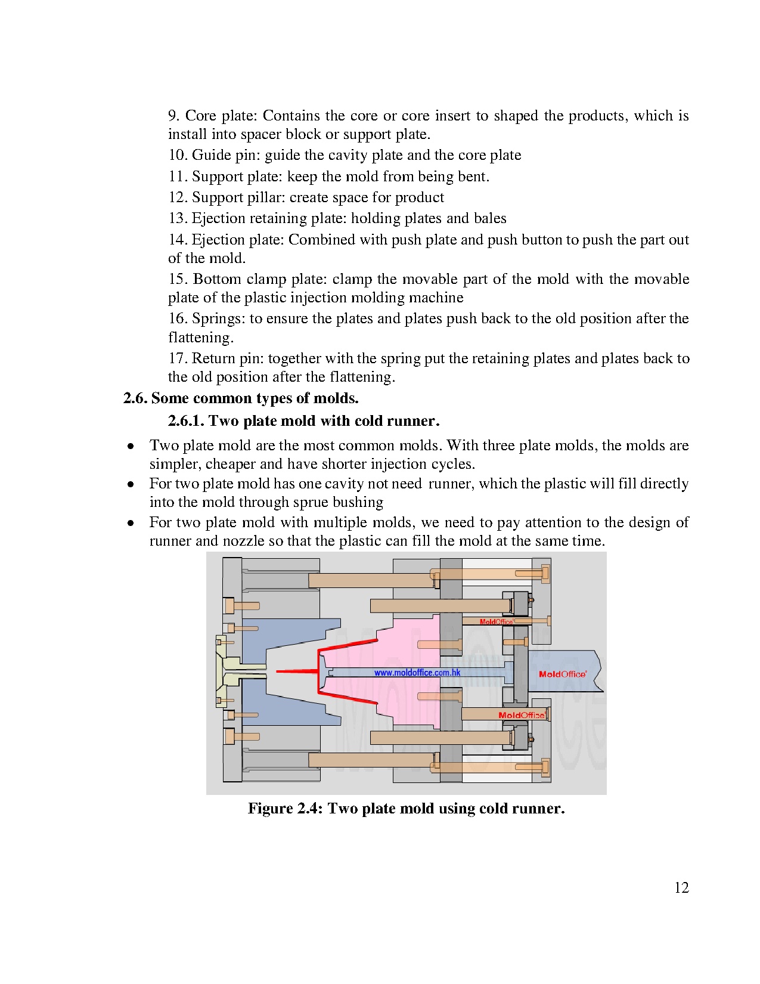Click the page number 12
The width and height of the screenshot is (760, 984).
[681, 887]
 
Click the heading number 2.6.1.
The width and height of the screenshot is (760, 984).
[185, 420]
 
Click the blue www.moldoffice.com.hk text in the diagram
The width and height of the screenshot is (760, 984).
[417, 673]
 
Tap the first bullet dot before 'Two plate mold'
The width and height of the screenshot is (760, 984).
[131, 446]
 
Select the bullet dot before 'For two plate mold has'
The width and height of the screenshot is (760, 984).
[131, 484]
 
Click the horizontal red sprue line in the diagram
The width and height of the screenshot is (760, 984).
[297, 671]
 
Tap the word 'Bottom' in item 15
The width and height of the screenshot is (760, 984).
[217, 279]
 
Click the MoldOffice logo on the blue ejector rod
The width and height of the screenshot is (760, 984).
[562, 674]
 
